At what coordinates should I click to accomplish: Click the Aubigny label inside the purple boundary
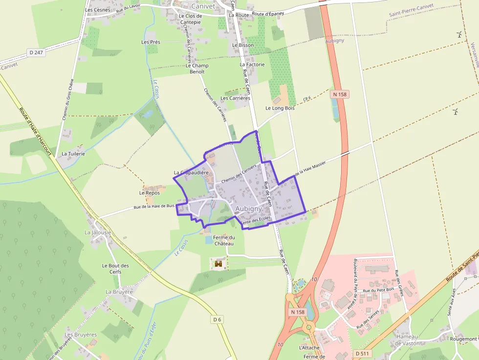(249, 209)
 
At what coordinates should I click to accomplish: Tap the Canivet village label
(203, 6)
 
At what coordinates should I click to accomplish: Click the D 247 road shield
(37, 52)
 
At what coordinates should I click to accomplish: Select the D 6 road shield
(218, 319)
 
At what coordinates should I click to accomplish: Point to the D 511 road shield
(362, 353)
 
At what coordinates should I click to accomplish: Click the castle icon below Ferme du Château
(218, 264)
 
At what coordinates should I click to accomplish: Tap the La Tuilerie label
(73, 153)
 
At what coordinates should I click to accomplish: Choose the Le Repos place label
(150, 193)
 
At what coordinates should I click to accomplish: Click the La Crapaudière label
(192, 173)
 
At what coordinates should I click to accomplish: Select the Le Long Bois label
(280, 108)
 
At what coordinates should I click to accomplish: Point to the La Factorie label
(252, 64)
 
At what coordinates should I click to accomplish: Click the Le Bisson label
(243, 45)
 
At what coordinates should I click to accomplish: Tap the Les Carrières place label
(235, 98)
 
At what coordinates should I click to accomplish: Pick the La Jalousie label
(98, 233)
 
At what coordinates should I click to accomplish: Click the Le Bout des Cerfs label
(115, 269)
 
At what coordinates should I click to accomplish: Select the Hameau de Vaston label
(407, 340)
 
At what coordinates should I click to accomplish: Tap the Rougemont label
(463, 339)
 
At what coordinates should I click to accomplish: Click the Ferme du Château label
(224, 240)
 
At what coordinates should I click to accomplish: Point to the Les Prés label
(151, 42)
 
